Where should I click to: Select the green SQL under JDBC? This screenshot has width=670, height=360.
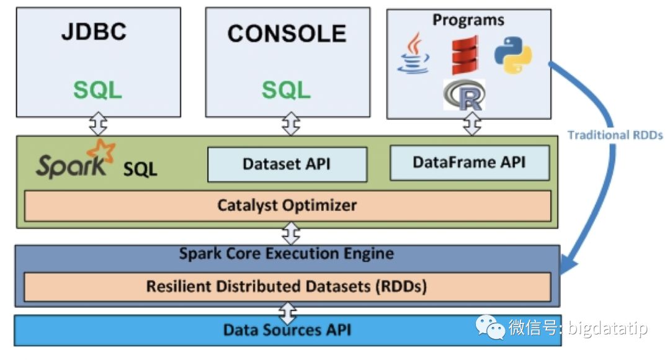coord(98,90)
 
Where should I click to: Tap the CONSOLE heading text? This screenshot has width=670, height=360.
coord(287,34)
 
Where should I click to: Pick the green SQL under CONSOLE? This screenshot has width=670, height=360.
coord(286,90)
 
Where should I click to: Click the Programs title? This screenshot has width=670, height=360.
coord(468,19)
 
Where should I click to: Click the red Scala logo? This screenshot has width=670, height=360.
coord(465,55)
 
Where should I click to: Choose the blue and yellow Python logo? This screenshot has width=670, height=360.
coord(512,55)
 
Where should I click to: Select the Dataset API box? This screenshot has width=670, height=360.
coord(287,164)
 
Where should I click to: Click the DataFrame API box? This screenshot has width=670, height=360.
coord(469,163)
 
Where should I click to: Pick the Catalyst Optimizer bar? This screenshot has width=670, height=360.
coord(287,205)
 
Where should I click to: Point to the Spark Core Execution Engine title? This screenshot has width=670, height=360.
coord(287,253)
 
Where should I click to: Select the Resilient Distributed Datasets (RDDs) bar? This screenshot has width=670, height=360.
coord(287,286)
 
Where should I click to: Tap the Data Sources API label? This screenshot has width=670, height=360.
coord(287,330)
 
